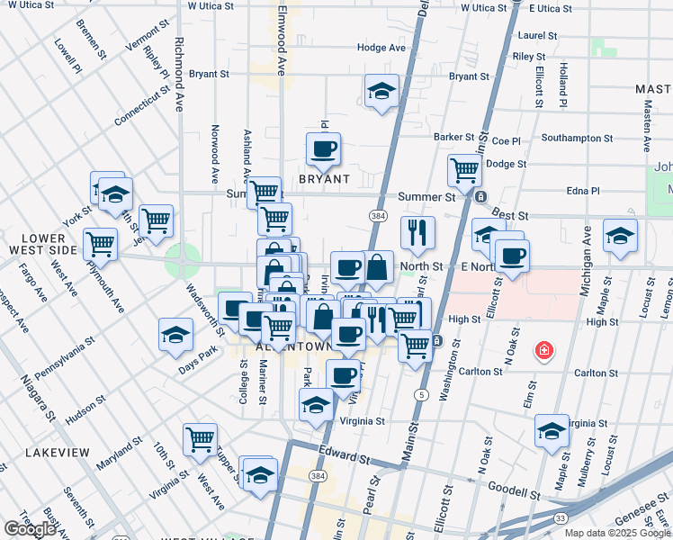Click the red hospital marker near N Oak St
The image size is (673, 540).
[543, 350]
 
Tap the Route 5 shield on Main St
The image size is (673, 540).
[421, 395]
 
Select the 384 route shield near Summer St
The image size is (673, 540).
[377, 216]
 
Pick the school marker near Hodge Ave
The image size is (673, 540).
[381, 90]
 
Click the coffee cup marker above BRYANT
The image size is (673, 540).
[323, 148]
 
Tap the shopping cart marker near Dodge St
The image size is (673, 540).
[464, 168]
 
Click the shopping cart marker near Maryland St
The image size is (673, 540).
[200, 439]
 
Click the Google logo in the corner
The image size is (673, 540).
[31, 528]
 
